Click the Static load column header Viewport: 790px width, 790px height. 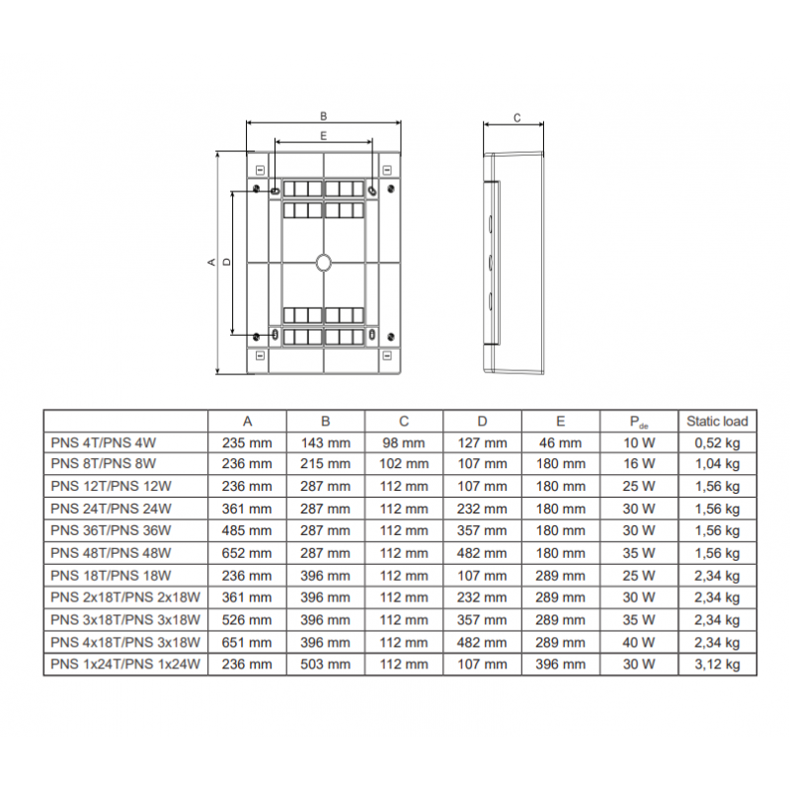[717, 422]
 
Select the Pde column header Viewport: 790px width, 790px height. [639, 423]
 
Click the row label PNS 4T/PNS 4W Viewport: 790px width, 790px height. [104, 442]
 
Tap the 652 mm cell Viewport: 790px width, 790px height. [247, 553]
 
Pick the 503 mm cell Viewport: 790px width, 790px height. [326, 664]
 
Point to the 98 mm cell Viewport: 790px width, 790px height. [404, 442]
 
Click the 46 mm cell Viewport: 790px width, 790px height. [560, 442]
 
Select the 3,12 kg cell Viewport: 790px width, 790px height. [717, 665]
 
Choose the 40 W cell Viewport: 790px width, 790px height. [639, 643]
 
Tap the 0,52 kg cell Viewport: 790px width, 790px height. [717, 443]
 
